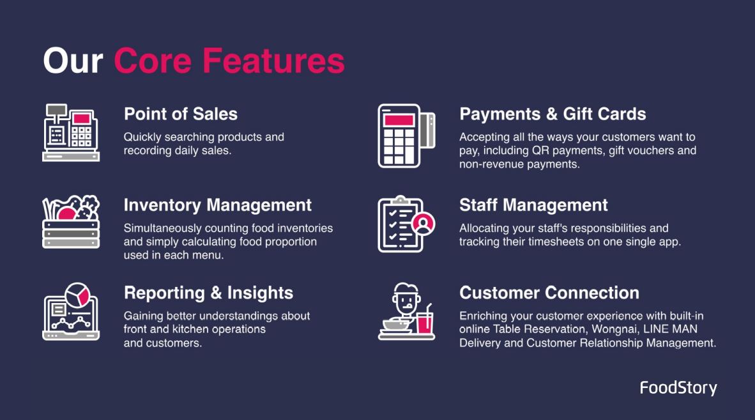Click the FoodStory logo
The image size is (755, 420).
pyautogui.click(x=678, y=388)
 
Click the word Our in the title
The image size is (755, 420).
pyautogui.click(x=73, y=61)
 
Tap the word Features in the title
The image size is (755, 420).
pyautogui.click(x=273, y=61)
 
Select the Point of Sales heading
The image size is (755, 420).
pyautogui.click(x=181, y=114)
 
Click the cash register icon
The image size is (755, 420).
pyautogui.click(x=71, y=132)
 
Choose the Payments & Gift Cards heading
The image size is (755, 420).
pyautogui.click(x=553, y=114)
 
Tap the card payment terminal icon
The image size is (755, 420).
pyautogui.click(x=406, y=136)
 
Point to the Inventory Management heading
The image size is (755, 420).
pyautogui.click(x=218, y=205)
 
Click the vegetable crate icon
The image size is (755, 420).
pyautogui.click(x=71, y=222)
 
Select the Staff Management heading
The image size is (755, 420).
pyautogui.click(x=533, y=205)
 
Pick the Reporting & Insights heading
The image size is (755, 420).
pyautogui.click(x=208, y=293)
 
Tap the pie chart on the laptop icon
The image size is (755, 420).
pyautogui.click(x=77, y=295)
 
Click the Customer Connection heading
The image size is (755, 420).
pyautogui.click(x=549, y=293)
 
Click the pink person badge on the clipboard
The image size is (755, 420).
pyautogui.click(x=423, y=224)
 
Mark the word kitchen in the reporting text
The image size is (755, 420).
pyautogui.click(x=193, y=329)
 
